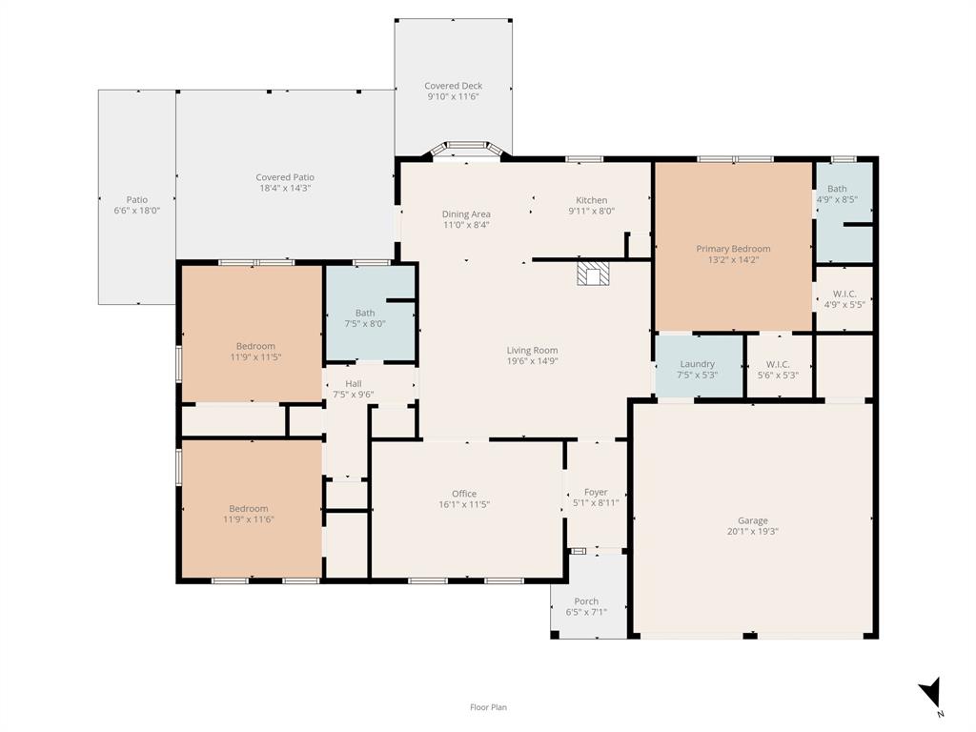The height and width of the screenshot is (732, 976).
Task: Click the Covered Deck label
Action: click(453, 86)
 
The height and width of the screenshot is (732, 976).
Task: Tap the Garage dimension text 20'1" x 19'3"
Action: click(753, 532)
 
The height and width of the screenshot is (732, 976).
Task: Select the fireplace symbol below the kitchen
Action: click(593, 274)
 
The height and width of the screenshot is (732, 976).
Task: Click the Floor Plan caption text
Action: click(488, 707)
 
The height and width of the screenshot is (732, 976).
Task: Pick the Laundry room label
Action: click(697, 364)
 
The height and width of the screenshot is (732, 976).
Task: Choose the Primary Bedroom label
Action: click(733, 249)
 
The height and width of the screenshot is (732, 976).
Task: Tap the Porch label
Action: click(586, 601)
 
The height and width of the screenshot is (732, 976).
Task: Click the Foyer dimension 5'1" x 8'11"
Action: click(596, 503)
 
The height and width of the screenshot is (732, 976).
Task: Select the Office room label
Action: click(464, 494)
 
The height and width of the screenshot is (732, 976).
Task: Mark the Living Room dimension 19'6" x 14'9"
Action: click(532, 361)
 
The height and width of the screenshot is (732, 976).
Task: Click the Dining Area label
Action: click(466, 214)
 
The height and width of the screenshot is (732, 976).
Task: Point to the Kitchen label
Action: click(591, 200)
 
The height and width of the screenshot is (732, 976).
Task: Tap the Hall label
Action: click(354, 384)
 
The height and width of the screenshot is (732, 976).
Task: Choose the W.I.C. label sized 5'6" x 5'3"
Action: click(778, 365)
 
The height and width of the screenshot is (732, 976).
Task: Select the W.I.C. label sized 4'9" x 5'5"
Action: click(844, 294)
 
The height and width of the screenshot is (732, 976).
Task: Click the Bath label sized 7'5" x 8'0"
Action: click(365, 313)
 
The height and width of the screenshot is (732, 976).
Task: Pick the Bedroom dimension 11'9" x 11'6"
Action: click(249, 519)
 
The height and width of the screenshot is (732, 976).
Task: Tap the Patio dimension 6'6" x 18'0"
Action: click(137, 211)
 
